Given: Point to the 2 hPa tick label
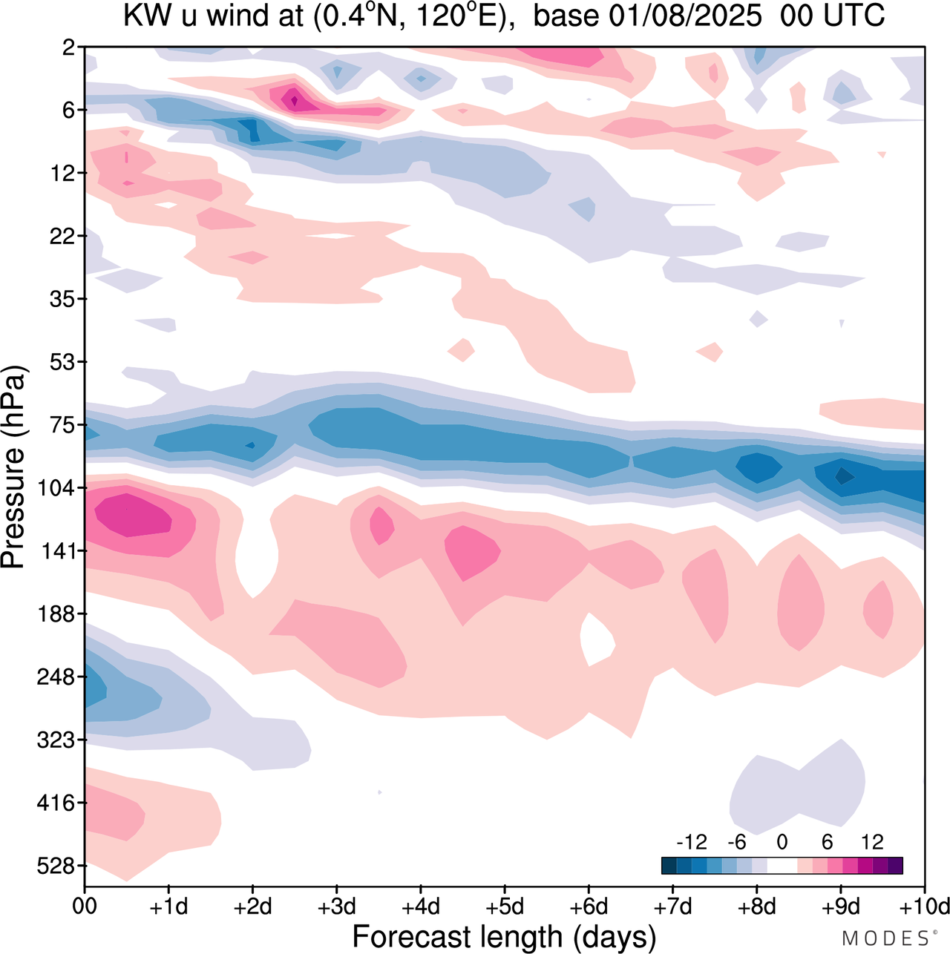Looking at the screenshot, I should (x=70, y=47).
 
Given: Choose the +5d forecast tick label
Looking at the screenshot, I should (x=505, y=907).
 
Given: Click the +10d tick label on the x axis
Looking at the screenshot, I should (x=925, y=907).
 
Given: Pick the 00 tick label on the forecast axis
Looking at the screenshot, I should (x=85, y=907).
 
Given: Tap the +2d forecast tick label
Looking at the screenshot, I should (x=252, y=907).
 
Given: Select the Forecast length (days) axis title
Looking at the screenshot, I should (x=504, y=937).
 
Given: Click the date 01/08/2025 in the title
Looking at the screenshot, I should (x=647, y=16).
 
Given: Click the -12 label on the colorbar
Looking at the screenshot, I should (x=691, y=842).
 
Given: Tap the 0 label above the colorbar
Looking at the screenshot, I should (x=782, y=842).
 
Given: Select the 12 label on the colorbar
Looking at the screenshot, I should (x=872, y=842).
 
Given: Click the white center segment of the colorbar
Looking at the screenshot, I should (x=782, y=866).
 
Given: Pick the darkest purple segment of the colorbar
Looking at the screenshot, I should (x=895, y=866).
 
